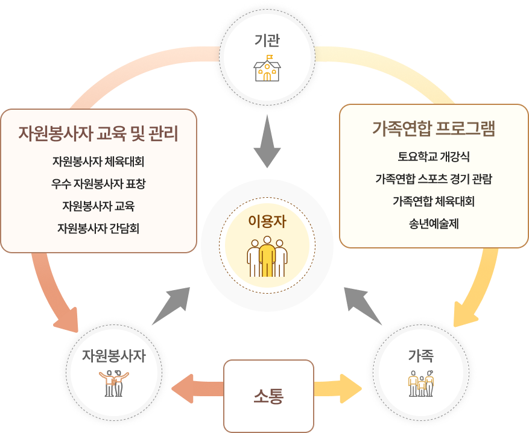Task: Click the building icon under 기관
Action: (x=267, y=70)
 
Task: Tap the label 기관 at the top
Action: (x=267, y=41)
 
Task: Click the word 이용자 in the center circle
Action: (x=267, y=221)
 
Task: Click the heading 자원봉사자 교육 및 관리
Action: (x=98, y=133)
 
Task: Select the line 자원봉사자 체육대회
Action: (x=98, y=162)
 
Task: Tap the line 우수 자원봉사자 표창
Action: (x=98, y=184)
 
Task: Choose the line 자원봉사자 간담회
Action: (x=98, y=228)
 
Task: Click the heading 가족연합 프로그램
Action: (x=434, y=129)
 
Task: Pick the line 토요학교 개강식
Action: (x=434, y=156)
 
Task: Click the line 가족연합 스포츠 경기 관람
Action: (x=434, y=179)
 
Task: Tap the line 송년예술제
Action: (x=434, y=223)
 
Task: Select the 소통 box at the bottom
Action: (x=268, y=396)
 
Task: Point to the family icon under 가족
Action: (x=421, y=384)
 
